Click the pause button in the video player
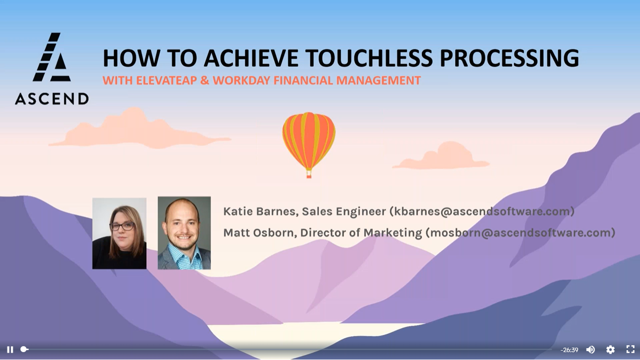[10, 350]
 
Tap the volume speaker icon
[590, 350]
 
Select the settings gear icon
[610, 350]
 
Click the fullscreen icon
[631, 349]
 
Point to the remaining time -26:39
[569, 350]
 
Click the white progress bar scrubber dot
[24, 349]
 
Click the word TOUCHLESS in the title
[370, 58]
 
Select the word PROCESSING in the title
[510, 58]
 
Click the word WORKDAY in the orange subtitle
[241, 80]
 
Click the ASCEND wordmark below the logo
[52, 99]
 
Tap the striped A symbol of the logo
[51, 57]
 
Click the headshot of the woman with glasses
[120, 233]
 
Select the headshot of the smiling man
[184, 233]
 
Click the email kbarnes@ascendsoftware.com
[482, 211]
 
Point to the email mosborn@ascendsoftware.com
[520, 233]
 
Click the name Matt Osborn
[258, 233]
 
